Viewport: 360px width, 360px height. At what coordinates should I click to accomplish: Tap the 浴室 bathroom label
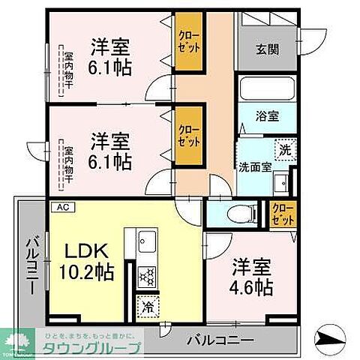[266, 117]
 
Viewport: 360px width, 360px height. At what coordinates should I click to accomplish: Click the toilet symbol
[235, 213]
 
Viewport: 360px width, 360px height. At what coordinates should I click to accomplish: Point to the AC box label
[58, 206]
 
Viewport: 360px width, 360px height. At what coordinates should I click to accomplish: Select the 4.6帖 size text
[251, 287]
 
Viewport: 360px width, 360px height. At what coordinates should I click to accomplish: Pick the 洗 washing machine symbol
[285, 150]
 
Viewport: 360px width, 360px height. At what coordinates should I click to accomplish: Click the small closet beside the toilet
[282, 213]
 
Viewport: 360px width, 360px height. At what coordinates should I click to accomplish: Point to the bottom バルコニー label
[219, 340]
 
